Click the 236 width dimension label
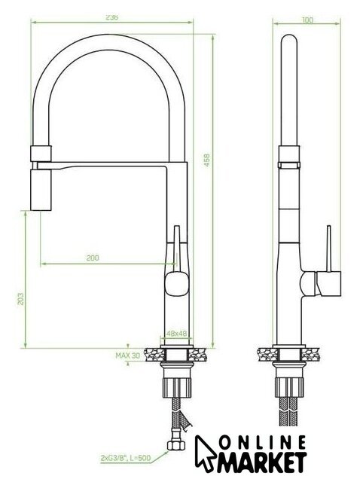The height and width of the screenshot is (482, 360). coord(112,17)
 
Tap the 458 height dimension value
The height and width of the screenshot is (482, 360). coord(207,160)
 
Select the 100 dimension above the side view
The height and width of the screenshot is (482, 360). coord(308,20)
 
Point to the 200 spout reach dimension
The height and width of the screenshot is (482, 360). coord(93,258)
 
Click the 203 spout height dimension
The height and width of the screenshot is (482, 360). coord(20,298)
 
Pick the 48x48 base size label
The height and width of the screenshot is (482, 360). coord(177,333)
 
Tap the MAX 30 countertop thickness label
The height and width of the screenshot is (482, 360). coord(127,355)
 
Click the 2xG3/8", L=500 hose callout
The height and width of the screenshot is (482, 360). coord(126,458)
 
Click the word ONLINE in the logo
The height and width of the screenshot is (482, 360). coord(263,443)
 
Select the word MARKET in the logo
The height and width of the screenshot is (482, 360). coord(263,462)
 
